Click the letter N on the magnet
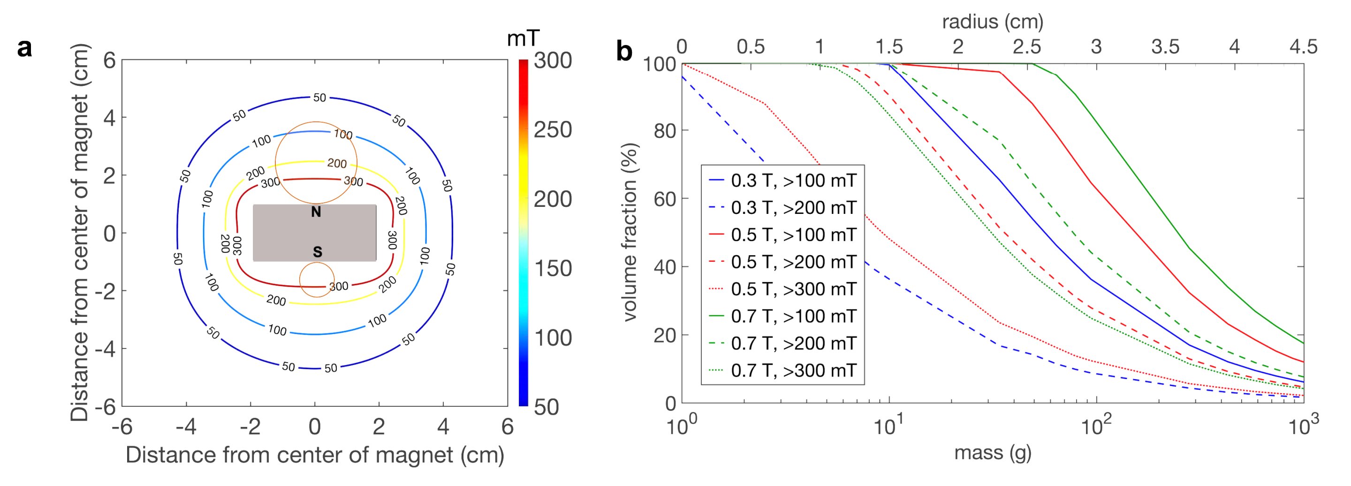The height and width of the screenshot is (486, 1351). click(316, 213)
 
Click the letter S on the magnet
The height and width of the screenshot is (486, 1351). click(317, 252)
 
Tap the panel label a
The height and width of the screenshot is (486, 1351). click(25, 49)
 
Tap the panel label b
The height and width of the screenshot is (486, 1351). click(624, 52)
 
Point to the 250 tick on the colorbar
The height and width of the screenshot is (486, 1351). click(553, 130)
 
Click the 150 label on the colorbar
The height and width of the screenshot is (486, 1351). click(553, 268)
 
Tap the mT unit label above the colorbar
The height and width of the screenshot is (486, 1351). click(523, 38)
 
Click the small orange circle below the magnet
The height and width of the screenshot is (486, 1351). click(317, 280)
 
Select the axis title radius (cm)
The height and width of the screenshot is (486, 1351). click(992, 22)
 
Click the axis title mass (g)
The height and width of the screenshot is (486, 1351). click(992, 452)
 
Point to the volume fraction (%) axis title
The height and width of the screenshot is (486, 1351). click(630, 232)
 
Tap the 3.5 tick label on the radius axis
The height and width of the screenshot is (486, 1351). click(1165, 46)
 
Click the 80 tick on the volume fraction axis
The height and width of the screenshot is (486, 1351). click(664, 130)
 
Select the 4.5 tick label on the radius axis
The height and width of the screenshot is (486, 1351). click(1303, 46)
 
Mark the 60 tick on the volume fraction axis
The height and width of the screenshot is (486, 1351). click(664, 199)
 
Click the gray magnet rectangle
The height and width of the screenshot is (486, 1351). click(283, 233)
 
